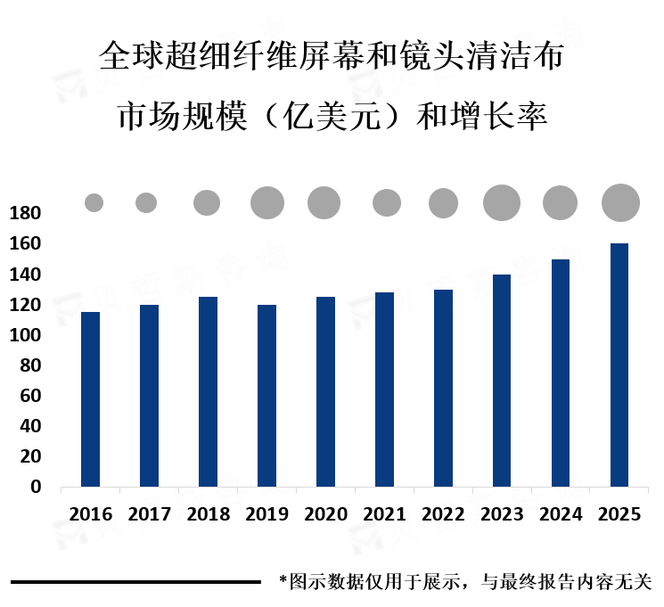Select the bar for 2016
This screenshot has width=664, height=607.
click(x=90, y=399)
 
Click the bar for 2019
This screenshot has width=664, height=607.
click(x=266, y=396)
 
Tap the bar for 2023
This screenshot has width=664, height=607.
click(x=502, y=381)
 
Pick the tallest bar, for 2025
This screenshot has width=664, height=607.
click(x=619, y=365)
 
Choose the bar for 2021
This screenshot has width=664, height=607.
click(x=384, y=390)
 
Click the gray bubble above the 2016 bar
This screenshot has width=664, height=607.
click(x=94, y=203)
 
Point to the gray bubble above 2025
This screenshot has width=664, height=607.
click(x=621, y=202)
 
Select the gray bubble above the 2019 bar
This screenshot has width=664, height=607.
click(x=267, y=203)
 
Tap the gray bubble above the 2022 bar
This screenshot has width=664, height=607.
click(x=443, y=203)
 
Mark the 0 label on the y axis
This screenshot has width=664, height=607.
click(x=36, y=487)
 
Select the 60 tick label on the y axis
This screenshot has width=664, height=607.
click(x=30, y=396)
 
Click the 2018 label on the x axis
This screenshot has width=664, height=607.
click(x=209, y=514)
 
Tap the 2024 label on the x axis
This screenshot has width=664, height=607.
click(x=561, y=514)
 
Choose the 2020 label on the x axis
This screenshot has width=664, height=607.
click(x=325, y=514)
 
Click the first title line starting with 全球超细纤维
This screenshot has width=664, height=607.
click(x=332, y=58)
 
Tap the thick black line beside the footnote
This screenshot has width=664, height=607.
click(x=135, y=583)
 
